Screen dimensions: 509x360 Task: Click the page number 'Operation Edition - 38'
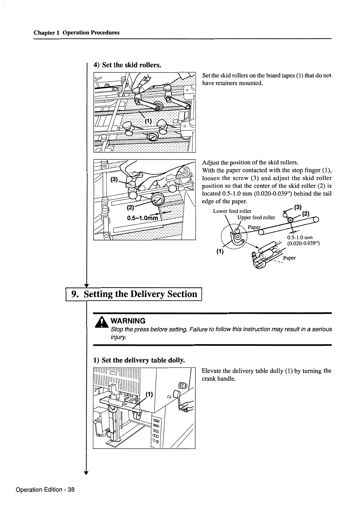coord(45,490)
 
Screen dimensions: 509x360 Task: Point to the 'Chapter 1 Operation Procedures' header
coord(76,33)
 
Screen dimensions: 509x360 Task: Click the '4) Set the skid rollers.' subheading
coord(127,65)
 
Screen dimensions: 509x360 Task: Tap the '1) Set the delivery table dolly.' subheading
coord(139,360)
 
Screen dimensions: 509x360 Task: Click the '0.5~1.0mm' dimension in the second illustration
coord(142,218)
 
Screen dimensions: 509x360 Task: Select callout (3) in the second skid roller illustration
coord(114,179)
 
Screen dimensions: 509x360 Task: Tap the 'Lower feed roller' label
coord(232,211)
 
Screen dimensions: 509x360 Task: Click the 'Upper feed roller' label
coord(256,217)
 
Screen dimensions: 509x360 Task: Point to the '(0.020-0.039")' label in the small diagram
coord(303,243)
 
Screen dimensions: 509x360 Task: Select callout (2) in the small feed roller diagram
coord(306,213)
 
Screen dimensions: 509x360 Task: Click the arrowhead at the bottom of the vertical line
coord(86,474)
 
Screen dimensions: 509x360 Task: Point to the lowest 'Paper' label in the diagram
coord(289,258)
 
